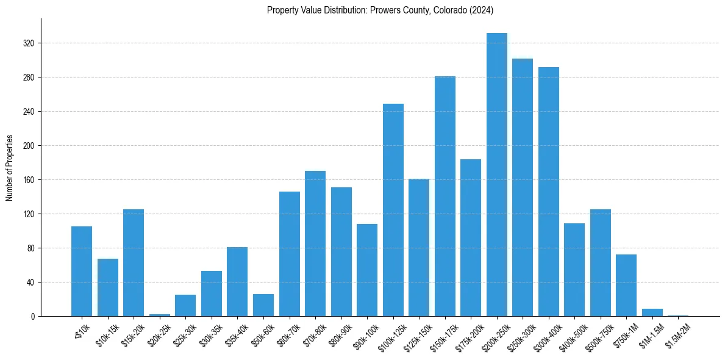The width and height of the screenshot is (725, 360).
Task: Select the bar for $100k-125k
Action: click(393, 210)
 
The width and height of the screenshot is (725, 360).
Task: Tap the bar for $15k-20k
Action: click(134, 262)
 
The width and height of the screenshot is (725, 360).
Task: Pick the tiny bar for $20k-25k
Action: click(160, 315)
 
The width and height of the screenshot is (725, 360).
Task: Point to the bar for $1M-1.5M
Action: click(652, 312)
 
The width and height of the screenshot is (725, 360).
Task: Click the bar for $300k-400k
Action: click(549, 192)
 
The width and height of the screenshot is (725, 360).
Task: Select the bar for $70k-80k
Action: click(315, 243)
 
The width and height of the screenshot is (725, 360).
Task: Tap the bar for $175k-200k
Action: click(471, 237)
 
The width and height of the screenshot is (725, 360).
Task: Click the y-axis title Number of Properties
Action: click(10, 167)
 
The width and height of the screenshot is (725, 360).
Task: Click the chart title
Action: click(380, 10)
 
